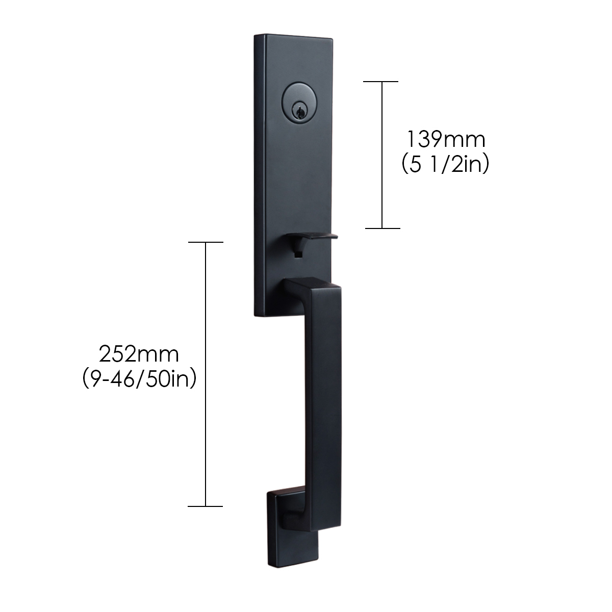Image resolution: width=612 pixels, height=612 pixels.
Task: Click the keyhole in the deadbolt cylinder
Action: click(299, 112)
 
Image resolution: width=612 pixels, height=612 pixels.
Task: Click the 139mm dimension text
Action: click(446, 139)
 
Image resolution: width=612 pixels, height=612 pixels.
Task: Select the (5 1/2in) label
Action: click(445, 165)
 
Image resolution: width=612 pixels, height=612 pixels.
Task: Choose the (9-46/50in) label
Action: click(139, 379)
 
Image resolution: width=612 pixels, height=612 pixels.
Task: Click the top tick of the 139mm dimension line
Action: click(380, 81)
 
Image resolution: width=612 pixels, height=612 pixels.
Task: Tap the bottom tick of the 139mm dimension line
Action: click(382, 228)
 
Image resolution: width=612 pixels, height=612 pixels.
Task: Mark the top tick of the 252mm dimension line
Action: click(206, 242)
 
